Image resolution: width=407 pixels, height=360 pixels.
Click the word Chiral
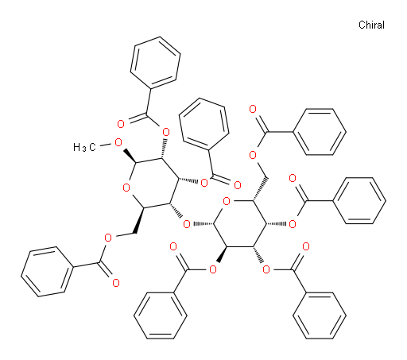[371, 25]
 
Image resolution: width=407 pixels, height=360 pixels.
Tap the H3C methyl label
[84, 147]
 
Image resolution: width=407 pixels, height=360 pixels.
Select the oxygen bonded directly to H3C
[118, 143]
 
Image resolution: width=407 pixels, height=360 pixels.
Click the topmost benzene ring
[156, 63]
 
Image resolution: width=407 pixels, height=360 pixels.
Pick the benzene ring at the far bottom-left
[47, 272]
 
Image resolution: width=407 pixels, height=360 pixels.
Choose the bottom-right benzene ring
[320, 315]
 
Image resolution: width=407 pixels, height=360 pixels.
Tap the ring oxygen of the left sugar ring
[126, 188]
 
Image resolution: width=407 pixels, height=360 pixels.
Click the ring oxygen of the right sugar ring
[227, 202]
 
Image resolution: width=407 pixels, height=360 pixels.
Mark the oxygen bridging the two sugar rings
[187, 225]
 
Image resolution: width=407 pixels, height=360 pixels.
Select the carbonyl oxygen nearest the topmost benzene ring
[121, 124]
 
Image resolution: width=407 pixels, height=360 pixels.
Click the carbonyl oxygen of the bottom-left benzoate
[116, 283]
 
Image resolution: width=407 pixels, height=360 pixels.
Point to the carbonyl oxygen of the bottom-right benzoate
[306, 247]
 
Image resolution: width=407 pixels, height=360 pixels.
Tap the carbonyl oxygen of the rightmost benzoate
[293, 178]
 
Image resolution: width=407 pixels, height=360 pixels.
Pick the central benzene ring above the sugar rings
[204, 124]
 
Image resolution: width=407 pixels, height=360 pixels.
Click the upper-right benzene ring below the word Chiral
[320, 132]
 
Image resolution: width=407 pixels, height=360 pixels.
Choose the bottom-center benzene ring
[161, 315]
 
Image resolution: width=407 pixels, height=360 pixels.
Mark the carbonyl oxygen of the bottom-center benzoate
[173, 247]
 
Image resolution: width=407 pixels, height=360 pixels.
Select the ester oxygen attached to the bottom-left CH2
[108, 238]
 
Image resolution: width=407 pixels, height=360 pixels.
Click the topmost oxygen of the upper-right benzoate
[253, 109]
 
